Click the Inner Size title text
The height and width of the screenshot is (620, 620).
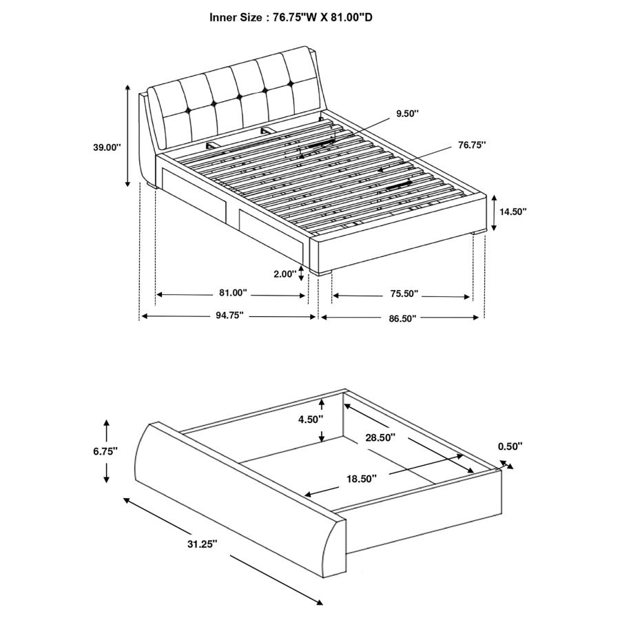291,17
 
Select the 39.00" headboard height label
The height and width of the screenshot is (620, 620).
107,147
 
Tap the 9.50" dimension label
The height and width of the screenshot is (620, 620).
407,114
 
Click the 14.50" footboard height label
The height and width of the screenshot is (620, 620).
513,212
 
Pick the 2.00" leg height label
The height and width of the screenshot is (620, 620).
284,273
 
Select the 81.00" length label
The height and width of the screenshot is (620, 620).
233,293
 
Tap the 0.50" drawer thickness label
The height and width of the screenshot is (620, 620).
510,446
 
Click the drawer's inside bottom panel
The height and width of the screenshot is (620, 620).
344,468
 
